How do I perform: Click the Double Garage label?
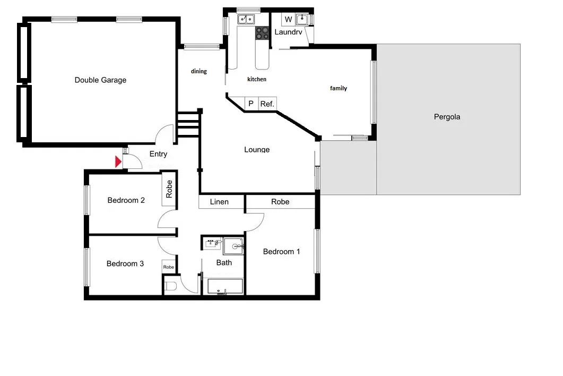[100, 80]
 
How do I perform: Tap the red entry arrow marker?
[119, 161]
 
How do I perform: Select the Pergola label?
[447, 117]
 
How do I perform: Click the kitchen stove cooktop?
[262, 33]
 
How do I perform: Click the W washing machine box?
[288, 20]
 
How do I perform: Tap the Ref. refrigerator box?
[267, 104]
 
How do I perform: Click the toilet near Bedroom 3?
[171, 287]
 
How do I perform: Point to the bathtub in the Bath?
[225, 287]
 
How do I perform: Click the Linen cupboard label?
[219, 202]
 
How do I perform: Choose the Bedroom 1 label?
[281, 252]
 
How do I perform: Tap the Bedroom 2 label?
[126, 200]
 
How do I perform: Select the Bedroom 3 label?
[125, 263]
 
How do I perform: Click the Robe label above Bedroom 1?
[280, 202]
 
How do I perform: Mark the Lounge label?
[257, 150]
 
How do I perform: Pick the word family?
[339, 88]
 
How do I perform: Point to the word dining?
[199, 71]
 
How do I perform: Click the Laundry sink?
[302, 20]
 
